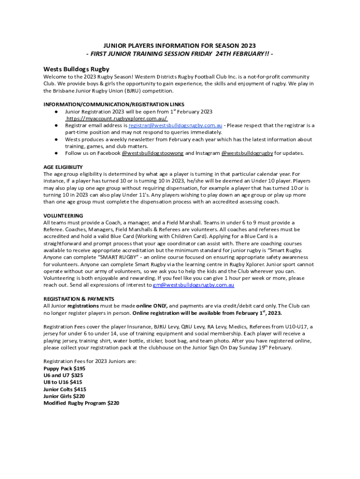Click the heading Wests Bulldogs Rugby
tap(77, 68)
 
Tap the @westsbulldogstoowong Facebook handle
tap(152, 153)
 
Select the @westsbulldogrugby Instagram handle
tap(247, 153)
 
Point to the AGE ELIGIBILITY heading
tap(63, 167)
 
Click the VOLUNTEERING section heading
tap(63, 216)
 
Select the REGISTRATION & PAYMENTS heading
tap(79, 298)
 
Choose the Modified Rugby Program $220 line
tap(81, 403)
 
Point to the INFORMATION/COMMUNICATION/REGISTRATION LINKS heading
tap(114, 104)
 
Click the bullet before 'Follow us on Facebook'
tap(56, 153)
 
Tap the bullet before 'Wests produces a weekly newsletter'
tap(56, 139)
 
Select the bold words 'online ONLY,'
tap(151, 305)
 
